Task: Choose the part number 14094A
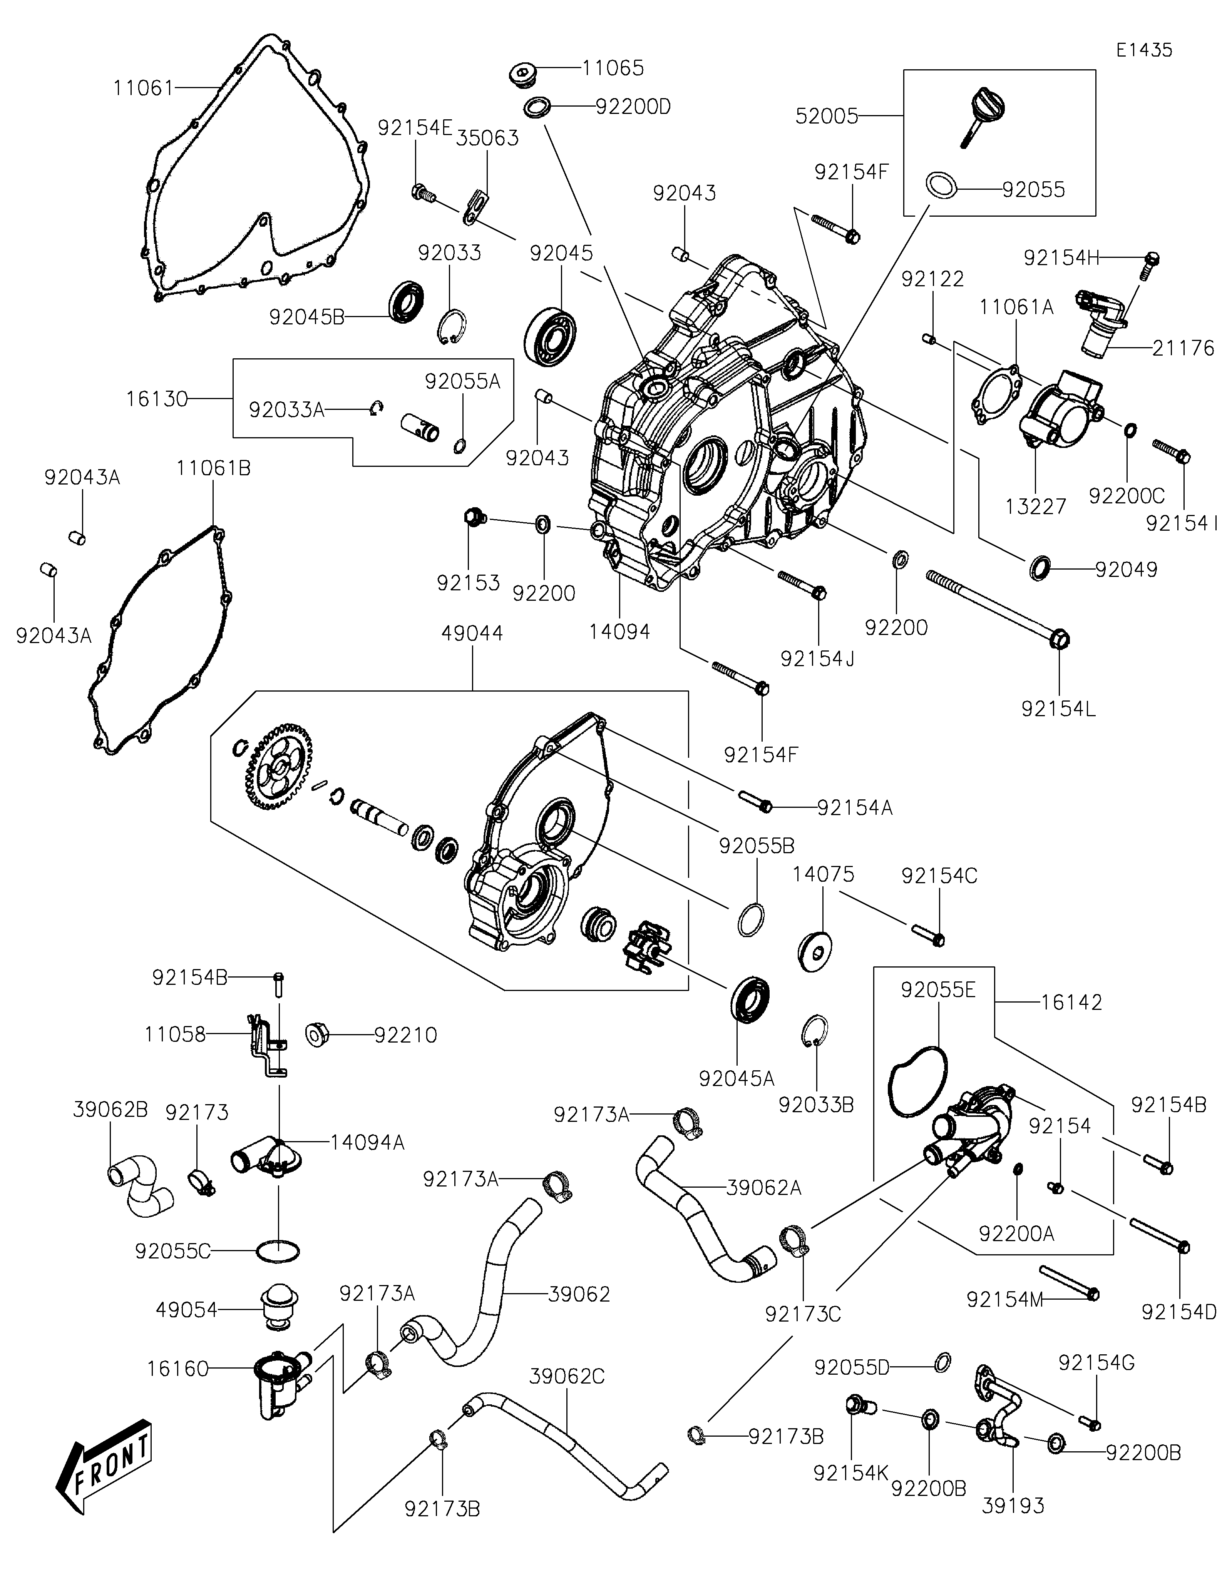pos(367,1142)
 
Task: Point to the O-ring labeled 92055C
pos(278,1251)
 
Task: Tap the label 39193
pos(1013,1506)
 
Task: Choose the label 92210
pos(405,1035)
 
